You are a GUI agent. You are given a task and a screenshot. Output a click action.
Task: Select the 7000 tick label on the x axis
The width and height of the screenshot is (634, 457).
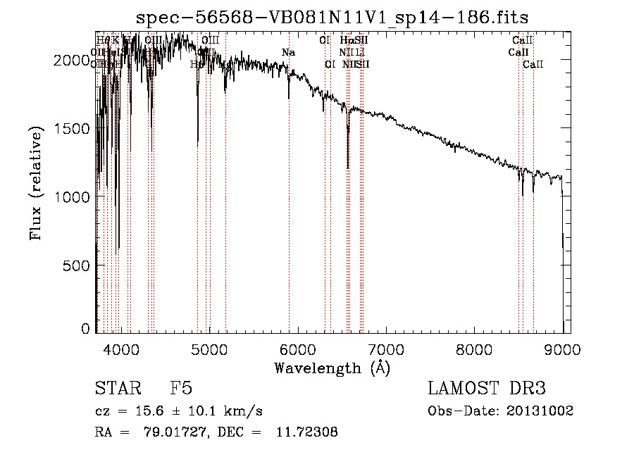tap(386, 349)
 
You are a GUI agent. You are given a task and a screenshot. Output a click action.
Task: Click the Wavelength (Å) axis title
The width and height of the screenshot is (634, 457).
tap(332, 368)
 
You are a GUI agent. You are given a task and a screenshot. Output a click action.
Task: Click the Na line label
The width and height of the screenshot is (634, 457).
tap(288, 53)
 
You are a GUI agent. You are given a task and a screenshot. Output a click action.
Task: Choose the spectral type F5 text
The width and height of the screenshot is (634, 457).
tap(182, 389)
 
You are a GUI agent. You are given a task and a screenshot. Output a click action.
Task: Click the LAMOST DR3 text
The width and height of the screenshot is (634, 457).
tap(487, 389)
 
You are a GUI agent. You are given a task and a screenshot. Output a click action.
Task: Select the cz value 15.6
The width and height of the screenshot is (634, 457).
tap(154, 411)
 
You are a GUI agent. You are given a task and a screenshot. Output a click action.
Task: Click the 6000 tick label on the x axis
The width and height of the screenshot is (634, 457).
tap(298, 349)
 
